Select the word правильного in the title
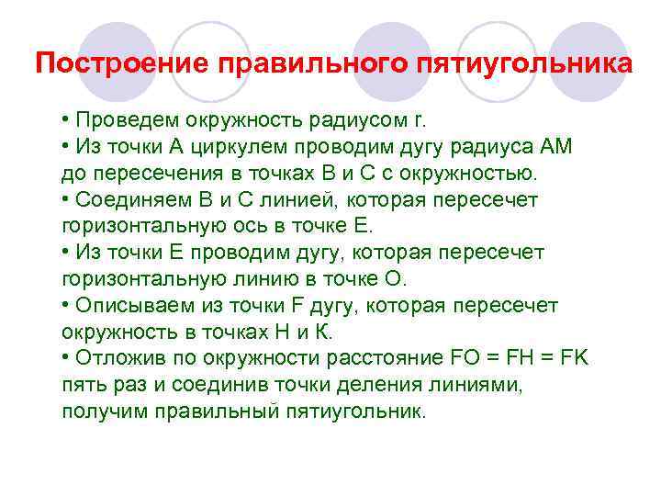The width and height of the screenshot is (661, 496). pos(312,65)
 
